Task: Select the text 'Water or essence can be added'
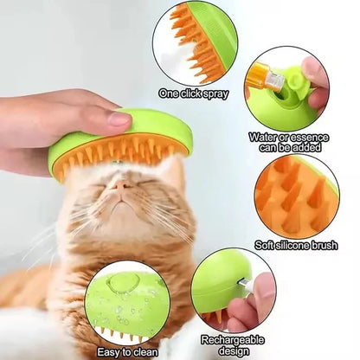[x=287, y=141]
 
